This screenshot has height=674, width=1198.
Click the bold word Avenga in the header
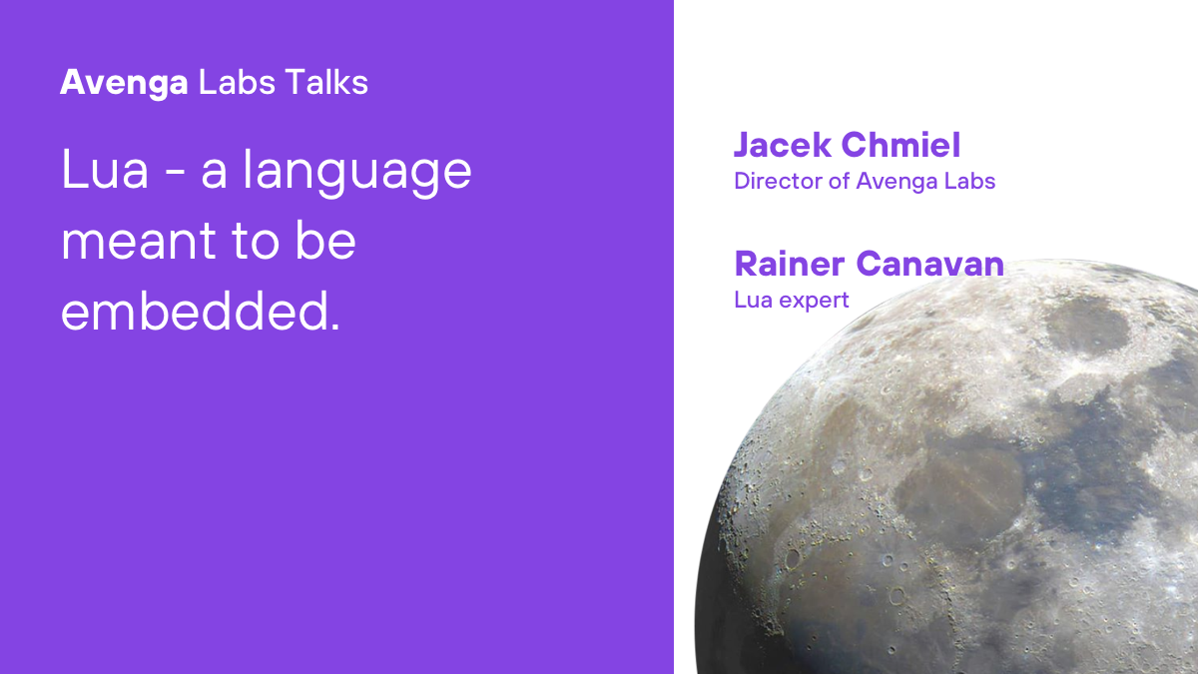pyautogui.click(x=124, y=83)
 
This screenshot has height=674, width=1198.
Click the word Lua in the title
pyautogui.click(x=105, y=171)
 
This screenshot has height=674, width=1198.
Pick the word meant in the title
pyautogui.click(x=137, y=243)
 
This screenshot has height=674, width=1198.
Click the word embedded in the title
pyautogui.click(x=194, y=312)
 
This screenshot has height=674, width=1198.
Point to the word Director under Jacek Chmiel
pyautogui.click(x=774, y=181)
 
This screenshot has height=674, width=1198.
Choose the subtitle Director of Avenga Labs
pyautogui.click(x=865, y=181)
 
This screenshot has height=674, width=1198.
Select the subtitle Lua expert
pyautogui.click(x=792, y=300)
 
